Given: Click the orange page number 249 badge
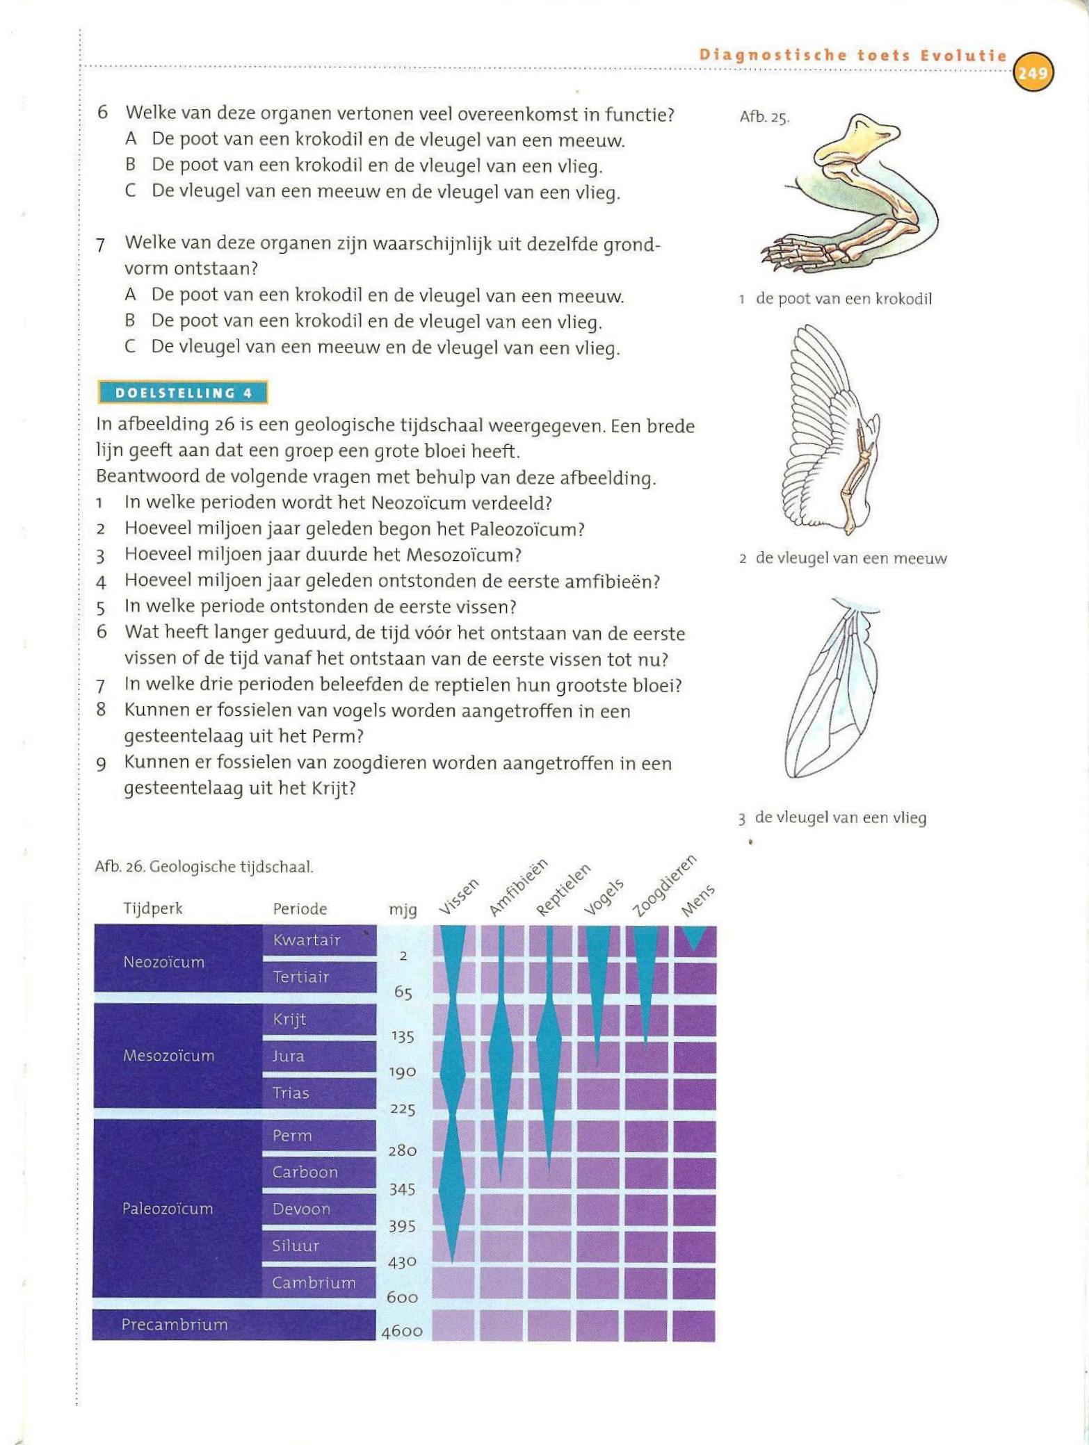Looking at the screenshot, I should pyautogui.click(x=1033, y=72).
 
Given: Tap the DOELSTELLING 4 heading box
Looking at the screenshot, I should pyautogui.click(x=182, y=393).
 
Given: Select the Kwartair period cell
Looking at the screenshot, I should pyautogui.click(x=319, y=940).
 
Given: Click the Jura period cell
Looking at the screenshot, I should pyautogui.click(x=319, y=1056).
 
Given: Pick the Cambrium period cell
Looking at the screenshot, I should pyautogui.click(x=319, y=1283).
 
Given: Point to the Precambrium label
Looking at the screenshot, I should pyautogui.click(x=175, y=1325).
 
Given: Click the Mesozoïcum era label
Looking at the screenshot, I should pyautogui.click(x=169, y=1056).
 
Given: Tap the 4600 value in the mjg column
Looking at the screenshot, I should pyautogui.click(x=402, y=1332).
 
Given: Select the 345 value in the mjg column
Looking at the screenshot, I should pyautogui.click(x=402, y=1189).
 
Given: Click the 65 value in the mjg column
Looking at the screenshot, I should pyautogui.click(x=403, y=993).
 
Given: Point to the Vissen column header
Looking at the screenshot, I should pyautogui.click(x=459, y=897).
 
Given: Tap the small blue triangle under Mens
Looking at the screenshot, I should pyautogui.click(x=695, y=938).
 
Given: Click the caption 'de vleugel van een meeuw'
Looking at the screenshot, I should pyautogui.click(x=850, y=559).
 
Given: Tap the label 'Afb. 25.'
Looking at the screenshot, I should pyautogui.click(x=764, y=117).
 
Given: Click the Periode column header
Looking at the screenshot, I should pyautogui.click(x=300, y=909).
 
